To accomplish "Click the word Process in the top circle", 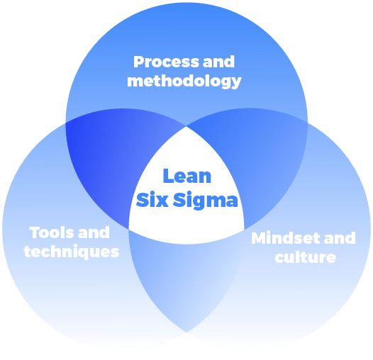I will click(161, 62).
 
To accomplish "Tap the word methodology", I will click(184, 81).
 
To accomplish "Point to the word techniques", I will click(71, 252).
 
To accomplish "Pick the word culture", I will click(305, 257).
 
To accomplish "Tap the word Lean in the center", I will click(187, 176).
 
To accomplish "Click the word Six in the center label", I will click(151, 200).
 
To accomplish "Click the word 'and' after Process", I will click(218, 62).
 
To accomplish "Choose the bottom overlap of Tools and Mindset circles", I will click(187, 283).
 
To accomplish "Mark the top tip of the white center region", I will click(187, 127).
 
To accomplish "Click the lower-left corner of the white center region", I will click(129, 228).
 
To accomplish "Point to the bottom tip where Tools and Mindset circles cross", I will click(187, 332).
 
